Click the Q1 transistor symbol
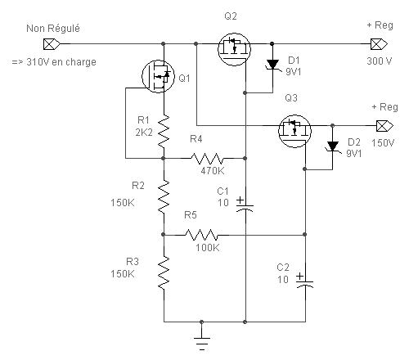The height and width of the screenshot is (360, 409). click(x=158, y=76)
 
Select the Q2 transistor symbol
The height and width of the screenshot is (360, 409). click(x=234, y=49)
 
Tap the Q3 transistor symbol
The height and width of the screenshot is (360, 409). click(x=294, y=131)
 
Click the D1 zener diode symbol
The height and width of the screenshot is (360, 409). click(x=272, y=65)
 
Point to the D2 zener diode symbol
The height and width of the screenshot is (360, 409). click(x=333, y=146)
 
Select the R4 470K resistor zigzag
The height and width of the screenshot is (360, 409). click(x=207, y=158)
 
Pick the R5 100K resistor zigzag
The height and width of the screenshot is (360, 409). click(x=201, y=235)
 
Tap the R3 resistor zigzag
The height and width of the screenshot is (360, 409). click(x=164, y=272)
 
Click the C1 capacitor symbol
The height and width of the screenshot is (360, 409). click(x=245, y=205)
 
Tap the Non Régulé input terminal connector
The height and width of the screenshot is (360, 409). click(x=52, y=44)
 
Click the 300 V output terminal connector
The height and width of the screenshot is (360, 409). click(x=379, y=44)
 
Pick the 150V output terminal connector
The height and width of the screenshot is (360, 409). click(x=384, y=126)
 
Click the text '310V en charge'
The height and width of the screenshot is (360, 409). click(x=61, y=62)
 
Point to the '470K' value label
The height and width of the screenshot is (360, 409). click(x=213, y=171)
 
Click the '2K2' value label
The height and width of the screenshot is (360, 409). click(x=144, y=133)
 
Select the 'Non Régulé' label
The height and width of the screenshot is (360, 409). click(x=53, y=29)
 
